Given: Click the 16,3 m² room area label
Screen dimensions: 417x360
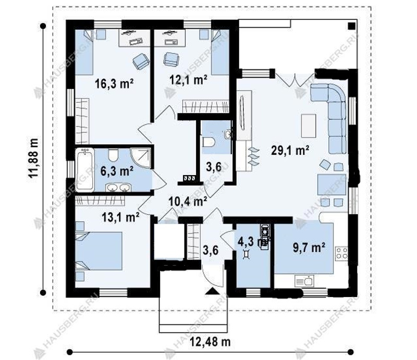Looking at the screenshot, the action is pos(114,83).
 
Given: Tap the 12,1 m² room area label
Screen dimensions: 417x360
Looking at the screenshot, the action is pos(189,79).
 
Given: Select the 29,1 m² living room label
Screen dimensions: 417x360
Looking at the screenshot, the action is pos(290,150).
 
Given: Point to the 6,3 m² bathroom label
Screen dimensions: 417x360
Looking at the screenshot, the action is pos(117,171).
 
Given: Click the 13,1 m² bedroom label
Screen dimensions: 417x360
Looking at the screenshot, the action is pos(121,217).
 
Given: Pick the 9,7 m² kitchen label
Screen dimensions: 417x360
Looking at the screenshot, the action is pos(309,247).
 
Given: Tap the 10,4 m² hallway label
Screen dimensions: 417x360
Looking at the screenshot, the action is pos(188,201).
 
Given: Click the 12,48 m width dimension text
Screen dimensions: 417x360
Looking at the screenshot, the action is pos(210,342).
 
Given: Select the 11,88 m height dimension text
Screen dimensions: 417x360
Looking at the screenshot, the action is pos(34,158).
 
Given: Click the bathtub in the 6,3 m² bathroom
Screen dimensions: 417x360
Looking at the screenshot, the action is pos(84,170).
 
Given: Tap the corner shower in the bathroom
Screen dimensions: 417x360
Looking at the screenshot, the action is pos(140,158).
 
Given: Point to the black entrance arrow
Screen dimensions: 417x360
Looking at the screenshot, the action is pos(212,291).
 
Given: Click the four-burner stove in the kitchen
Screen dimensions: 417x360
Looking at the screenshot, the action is pos(341,253).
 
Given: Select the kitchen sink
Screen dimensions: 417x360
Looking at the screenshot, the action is pos(304,281).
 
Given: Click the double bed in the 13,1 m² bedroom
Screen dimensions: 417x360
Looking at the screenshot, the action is pos(99,251).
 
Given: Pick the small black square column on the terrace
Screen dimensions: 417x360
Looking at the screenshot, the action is pos(351,26).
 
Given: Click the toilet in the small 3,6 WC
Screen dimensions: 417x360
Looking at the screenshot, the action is pos(208,142).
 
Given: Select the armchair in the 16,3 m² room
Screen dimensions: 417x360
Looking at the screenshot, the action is pos(141,61).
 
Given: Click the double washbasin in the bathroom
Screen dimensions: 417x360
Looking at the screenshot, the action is pos(118,187).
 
